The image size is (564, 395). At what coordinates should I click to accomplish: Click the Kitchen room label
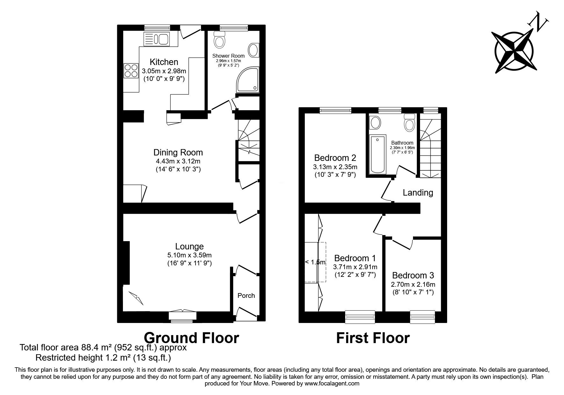click(164, 62)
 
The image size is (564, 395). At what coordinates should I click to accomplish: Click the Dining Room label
click(178, 152)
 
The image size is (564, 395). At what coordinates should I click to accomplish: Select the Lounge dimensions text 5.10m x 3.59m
click(189, 255)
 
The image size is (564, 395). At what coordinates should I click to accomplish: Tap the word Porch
click(246, 296)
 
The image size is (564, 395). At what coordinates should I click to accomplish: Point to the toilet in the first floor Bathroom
click(409, 122)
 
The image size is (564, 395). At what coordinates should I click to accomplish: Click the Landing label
click(418, 192)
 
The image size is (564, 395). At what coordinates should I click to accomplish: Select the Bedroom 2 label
click(335, 158)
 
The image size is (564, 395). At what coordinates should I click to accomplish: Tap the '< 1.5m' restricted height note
click(315, 262)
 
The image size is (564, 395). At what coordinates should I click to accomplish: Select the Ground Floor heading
click(191, 337)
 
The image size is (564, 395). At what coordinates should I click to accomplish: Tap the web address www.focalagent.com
click(332, 384)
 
